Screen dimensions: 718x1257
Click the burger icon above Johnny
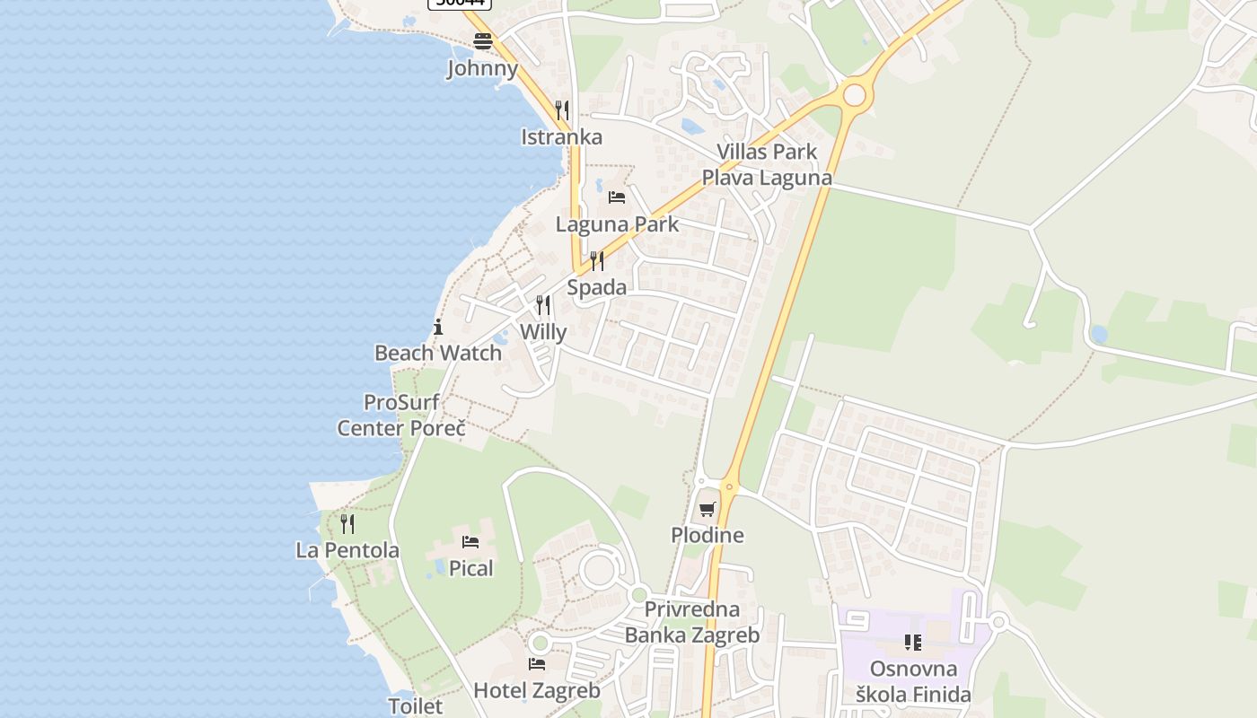483,40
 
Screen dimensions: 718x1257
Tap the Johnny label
483,68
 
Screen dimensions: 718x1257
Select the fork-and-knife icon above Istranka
562,110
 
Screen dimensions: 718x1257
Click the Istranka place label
562,137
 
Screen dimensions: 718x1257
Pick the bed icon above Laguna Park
617,197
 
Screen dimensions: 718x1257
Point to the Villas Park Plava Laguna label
767,164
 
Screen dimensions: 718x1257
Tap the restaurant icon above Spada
596,261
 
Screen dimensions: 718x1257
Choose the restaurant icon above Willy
543,305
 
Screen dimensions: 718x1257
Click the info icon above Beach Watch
438,327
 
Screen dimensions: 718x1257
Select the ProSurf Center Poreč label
401,415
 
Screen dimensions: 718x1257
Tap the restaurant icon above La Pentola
347,523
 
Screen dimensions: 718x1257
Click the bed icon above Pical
470,541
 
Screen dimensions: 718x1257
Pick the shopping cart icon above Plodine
708,509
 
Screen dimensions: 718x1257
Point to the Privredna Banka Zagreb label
692,622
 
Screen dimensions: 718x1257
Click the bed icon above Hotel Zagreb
537,664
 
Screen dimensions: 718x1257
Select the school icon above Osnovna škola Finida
913,642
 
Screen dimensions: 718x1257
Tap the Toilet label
416,706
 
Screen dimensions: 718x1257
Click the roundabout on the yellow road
855,94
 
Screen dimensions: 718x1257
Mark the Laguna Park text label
618,224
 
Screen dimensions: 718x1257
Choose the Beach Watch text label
438,353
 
